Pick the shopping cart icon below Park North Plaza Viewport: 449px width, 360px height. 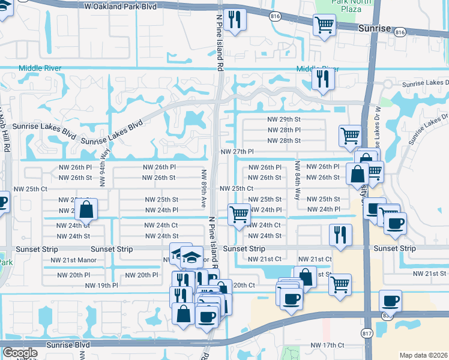[x=324, y=25]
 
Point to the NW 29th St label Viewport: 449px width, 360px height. [x=283, y=119]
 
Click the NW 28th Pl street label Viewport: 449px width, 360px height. [x=283, y=130]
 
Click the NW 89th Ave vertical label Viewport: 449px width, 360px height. [x=203, y=188]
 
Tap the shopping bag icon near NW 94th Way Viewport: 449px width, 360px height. [x=86, y=209]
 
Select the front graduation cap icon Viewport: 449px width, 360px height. [x=191, y=258]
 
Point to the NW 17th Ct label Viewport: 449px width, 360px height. [x=327, y=345]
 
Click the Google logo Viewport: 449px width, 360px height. [x=19, y=353]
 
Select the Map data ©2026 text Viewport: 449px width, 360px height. [x=423, y=355]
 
